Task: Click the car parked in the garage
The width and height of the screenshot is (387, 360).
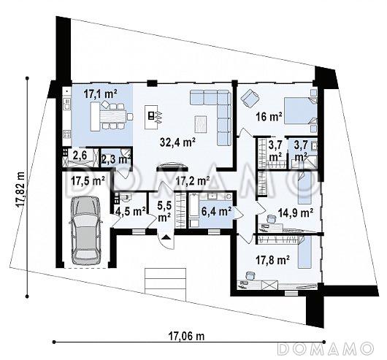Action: click(85, 231)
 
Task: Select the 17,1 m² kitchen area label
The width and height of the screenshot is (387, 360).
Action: click(100, 94)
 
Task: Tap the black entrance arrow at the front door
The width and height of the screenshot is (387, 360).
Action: click(166, 237)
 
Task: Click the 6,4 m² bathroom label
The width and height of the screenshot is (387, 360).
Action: click(216, 212)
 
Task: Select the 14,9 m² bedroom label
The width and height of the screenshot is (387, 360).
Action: click(296, 212)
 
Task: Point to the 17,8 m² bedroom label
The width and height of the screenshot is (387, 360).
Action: click(273, 260)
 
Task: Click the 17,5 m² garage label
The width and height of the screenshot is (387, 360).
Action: click(88, 181)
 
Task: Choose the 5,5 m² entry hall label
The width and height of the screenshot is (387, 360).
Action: click(164, 210)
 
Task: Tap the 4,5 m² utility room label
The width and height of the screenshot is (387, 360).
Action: click(130, 212)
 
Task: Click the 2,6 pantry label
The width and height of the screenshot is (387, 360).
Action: click(80, 156)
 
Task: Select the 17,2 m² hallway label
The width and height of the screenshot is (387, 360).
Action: click(193, 181)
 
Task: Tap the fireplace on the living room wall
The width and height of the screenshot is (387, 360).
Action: click(173, 166)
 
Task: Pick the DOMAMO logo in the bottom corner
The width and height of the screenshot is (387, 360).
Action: click(325, 348)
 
